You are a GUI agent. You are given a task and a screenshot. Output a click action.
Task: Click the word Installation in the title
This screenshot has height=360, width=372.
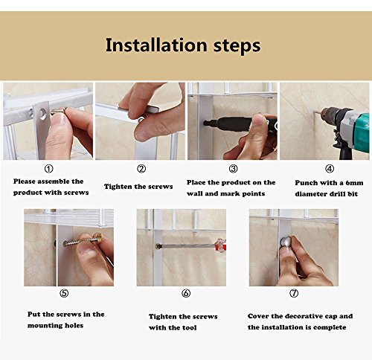click(x=156, y=45)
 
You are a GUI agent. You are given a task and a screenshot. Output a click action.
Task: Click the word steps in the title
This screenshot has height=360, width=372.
click(x=237, y=45)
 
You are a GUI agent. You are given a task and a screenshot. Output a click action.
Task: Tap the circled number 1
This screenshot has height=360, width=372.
click(x=48, y=169)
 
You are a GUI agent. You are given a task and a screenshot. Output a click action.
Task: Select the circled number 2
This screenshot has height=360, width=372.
click(x=141, y=169)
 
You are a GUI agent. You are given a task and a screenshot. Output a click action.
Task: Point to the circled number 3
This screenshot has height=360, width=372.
click(x=233, y=169)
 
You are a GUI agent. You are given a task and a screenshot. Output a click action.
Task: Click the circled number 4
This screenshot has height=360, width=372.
click(x=330, y=169)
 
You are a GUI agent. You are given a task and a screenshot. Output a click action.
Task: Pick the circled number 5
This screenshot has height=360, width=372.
click(x=64, y=293)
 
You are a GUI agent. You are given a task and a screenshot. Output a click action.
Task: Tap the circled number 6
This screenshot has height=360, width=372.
click(x=186, y=293)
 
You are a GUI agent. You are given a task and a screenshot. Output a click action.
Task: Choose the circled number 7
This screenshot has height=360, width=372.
click(x=294, y=293)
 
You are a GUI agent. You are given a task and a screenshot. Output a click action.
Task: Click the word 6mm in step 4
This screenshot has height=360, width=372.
click(x=354, y=183)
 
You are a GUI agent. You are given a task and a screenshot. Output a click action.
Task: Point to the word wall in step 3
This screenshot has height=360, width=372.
click(x=195, y=193)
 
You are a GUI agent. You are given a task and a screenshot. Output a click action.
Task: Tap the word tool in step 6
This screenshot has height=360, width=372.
click(x=189, y=327)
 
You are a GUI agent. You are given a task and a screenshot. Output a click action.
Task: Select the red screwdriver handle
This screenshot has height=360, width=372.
click(x=221, y=245)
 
